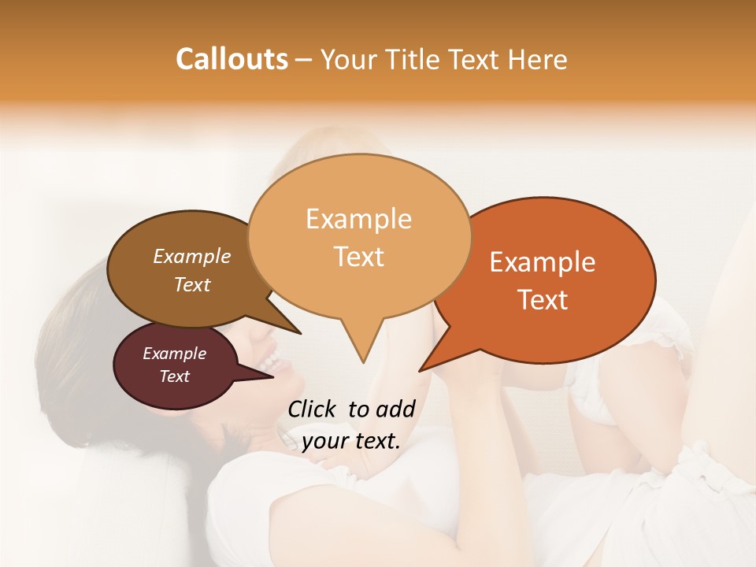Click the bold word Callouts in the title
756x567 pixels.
[232, 59]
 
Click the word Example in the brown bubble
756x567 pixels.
[192, 256]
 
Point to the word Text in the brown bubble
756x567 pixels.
[192, 284]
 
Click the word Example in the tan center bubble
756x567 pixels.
[358, 219]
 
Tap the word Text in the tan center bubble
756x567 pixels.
[359, 257]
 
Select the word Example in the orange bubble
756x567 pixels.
[543, 262]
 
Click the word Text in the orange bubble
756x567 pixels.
[543, 300]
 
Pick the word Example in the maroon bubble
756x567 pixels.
[175, 354]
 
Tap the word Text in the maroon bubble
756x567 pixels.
[175, 376]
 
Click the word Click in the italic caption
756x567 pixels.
[313, 409]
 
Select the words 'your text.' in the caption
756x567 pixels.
[351, 441]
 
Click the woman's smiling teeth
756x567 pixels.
[272, 363]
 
